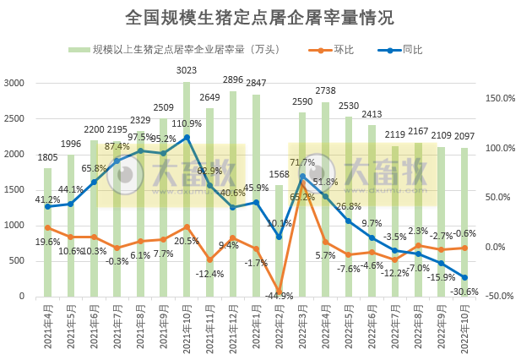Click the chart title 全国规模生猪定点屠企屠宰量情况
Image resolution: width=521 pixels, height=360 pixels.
(x=259, y=17)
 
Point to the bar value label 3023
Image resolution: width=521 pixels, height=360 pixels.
(x=187, y=71)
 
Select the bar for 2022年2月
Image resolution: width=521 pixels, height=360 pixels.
(x=279, y=240)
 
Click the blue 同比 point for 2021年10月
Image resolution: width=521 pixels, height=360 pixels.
(x=187, y=137)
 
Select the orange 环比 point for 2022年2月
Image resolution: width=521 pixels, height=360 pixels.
(x=279, y=292)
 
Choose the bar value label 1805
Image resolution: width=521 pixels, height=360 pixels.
(x=47, y=157)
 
